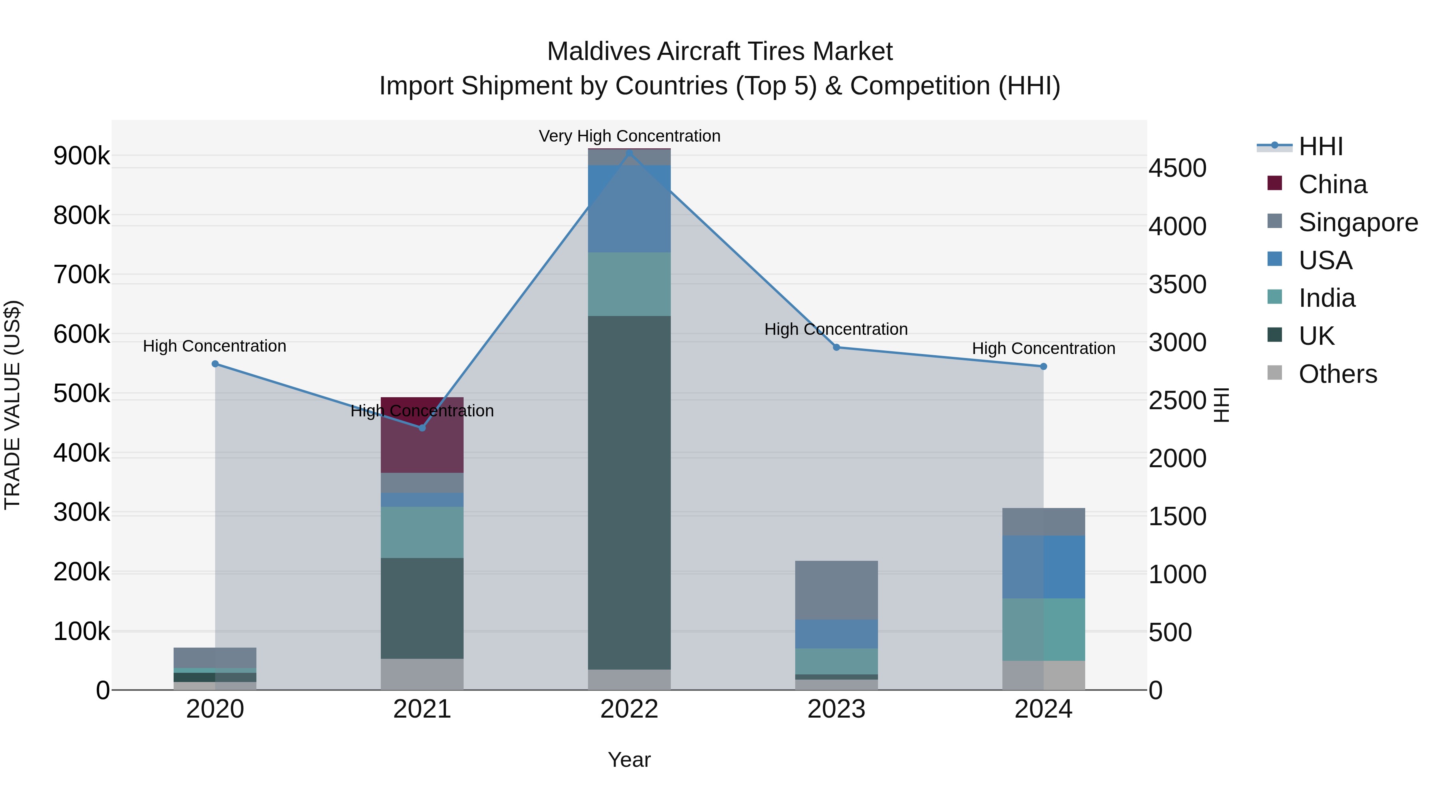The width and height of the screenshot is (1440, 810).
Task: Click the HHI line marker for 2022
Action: click(630, 153)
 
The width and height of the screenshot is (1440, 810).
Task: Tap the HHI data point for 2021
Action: click(422, 428)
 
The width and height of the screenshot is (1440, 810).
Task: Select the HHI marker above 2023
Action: click(836, 347)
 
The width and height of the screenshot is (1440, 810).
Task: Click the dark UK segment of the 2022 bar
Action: click(630, 492)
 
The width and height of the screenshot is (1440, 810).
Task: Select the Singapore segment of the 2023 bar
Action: click(836, 590)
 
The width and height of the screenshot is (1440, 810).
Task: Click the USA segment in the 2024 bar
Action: click(1043, 567)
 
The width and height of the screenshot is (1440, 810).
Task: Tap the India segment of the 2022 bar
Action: click(630, 284)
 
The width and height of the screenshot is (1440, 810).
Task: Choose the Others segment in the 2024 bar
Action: click(1043, 675)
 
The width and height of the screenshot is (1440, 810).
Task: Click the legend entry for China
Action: click(1332, 184)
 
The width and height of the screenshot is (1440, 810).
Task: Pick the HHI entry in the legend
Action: click(1320, 146)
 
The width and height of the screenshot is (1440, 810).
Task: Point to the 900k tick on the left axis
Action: click(82, 156)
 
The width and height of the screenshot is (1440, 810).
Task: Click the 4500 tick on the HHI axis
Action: click(1177, 168)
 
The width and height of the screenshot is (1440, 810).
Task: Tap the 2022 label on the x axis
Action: click(630, 709)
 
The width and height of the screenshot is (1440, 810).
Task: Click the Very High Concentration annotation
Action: click(630, 136)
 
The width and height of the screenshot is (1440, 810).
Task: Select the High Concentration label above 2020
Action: click(215, 346)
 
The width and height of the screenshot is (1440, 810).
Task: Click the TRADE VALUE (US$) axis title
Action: click(12, 405)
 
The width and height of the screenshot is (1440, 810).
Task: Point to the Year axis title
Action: click(630, 760)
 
